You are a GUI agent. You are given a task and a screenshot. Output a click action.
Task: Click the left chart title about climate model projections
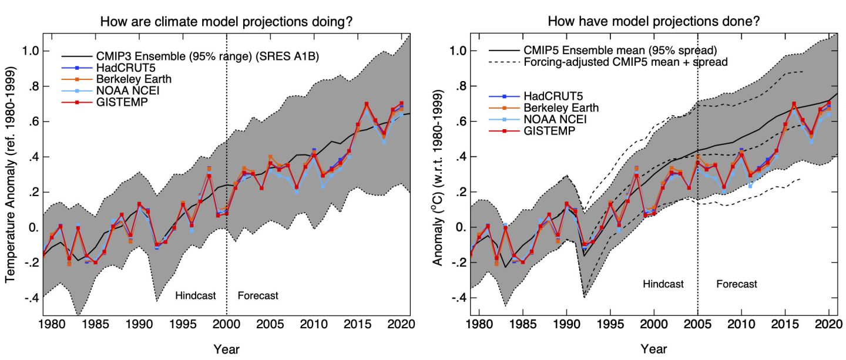pos(230,22)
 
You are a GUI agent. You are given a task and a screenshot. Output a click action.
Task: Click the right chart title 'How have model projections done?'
pos(654,22)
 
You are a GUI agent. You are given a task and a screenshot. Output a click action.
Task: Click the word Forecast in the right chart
pos(737,284)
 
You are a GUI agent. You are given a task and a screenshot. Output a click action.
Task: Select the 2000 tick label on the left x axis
pos(226,324)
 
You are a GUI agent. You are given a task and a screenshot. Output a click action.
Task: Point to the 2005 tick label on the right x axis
pos(697,324)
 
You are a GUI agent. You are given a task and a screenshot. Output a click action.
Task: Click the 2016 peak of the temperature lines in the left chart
pos(367,105)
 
